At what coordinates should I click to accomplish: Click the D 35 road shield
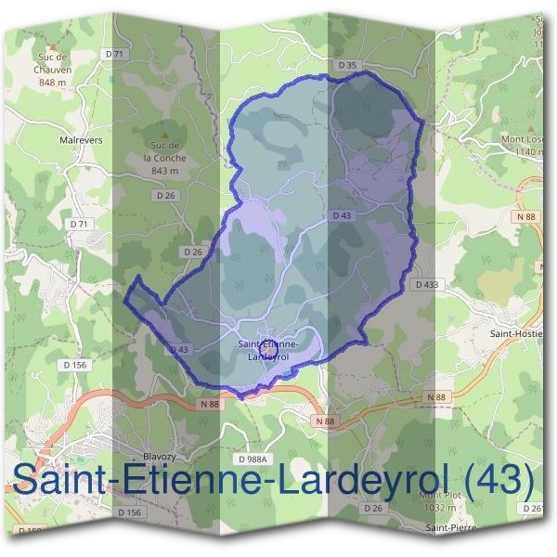[346, 64]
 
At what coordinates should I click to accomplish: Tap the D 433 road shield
[426, 284]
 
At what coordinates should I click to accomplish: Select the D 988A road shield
[252, 460]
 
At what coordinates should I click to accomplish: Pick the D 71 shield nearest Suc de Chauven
[114, 55]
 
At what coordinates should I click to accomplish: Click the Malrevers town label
[81, 140]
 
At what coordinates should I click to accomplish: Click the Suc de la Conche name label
[166, 151]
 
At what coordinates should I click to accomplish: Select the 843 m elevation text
[164, 171]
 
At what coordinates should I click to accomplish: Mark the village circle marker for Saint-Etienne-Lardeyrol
[266, 342]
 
